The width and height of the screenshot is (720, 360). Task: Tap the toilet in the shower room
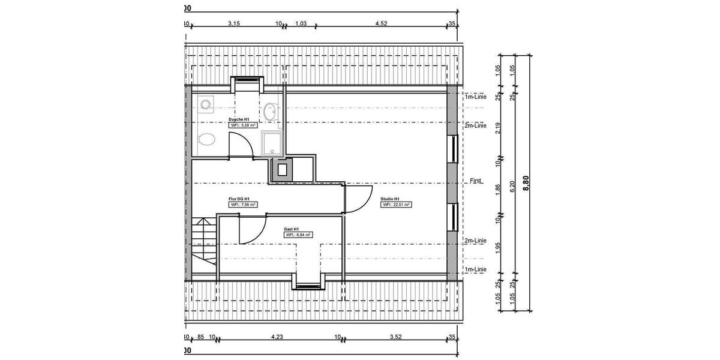[206, 139]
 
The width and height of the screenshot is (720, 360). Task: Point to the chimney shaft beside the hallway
[281, 170]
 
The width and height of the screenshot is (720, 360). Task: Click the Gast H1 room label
[292, 229]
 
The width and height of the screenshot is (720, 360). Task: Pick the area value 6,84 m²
[298, 235]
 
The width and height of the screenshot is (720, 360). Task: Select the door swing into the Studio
[358, 198]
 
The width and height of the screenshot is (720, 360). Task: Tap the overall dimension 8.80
[527, 183]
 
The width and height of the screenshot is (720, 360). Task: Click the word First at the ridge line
[476, 181]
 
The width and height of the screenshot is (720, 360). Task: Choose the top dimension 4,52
[380, 24]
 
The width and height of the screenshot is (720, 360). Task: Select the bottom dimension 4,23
[277, 337]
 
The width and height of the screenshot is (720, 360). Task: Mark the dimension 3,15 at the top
[233, 24]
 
